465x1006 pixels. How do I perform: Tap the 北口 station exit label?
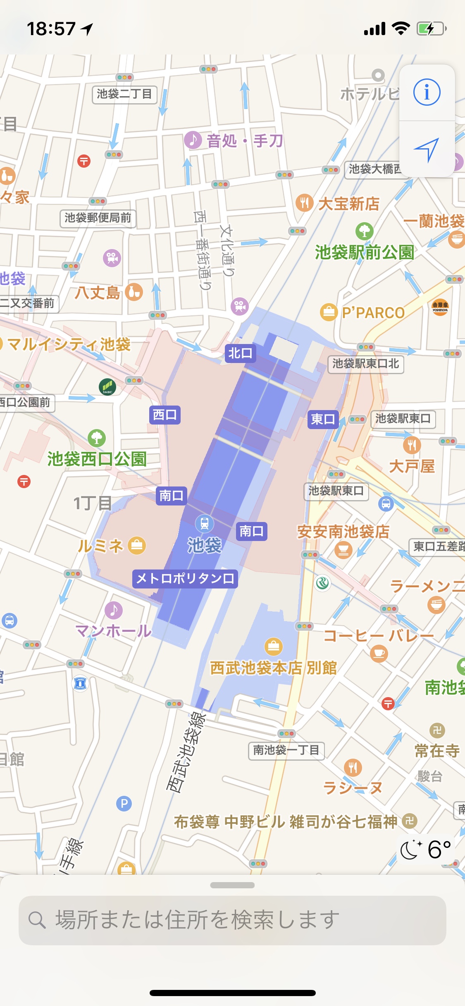pos(240,353)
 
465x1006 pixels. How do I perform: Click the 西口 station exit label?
pos(165,414)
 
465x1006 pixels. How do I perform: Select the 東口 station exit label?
pos(323,419)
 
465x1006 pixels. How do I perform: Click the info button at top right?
pos(427,92)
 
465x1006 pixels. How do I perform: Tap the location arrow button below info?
pos(427,149)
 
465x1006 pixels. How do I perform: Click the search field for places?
pos(232,920)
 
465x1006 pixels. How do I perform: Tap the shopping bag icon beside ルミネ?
pos(137,546)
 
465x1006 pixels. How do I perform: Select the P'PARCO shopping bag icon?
pos(329,312)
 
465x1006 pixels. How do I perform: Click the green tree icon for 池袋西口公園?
pos(97,437)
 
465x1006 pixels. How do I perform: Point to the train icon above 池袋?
pos(205,523)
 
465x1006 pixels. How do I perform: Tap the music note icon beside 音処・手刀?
pos(193,140)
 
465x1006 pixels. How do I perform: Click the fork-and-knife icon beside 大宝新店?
pos(305,202)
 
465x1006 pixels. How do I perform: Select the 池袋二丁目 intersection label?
pos(124,94)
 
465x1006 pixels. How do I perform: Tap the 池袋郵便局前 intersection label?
pos(98,218)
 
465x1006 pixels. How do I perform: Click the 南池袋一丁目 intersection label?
pos(286,750)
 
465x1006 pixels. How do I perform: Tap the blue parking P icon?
pos(124,803)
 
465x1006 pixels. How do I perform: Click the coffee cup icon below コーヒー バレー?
pos(379,653)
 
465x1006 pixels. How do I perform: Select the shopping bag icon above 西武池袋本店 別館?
pos(273,646)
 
